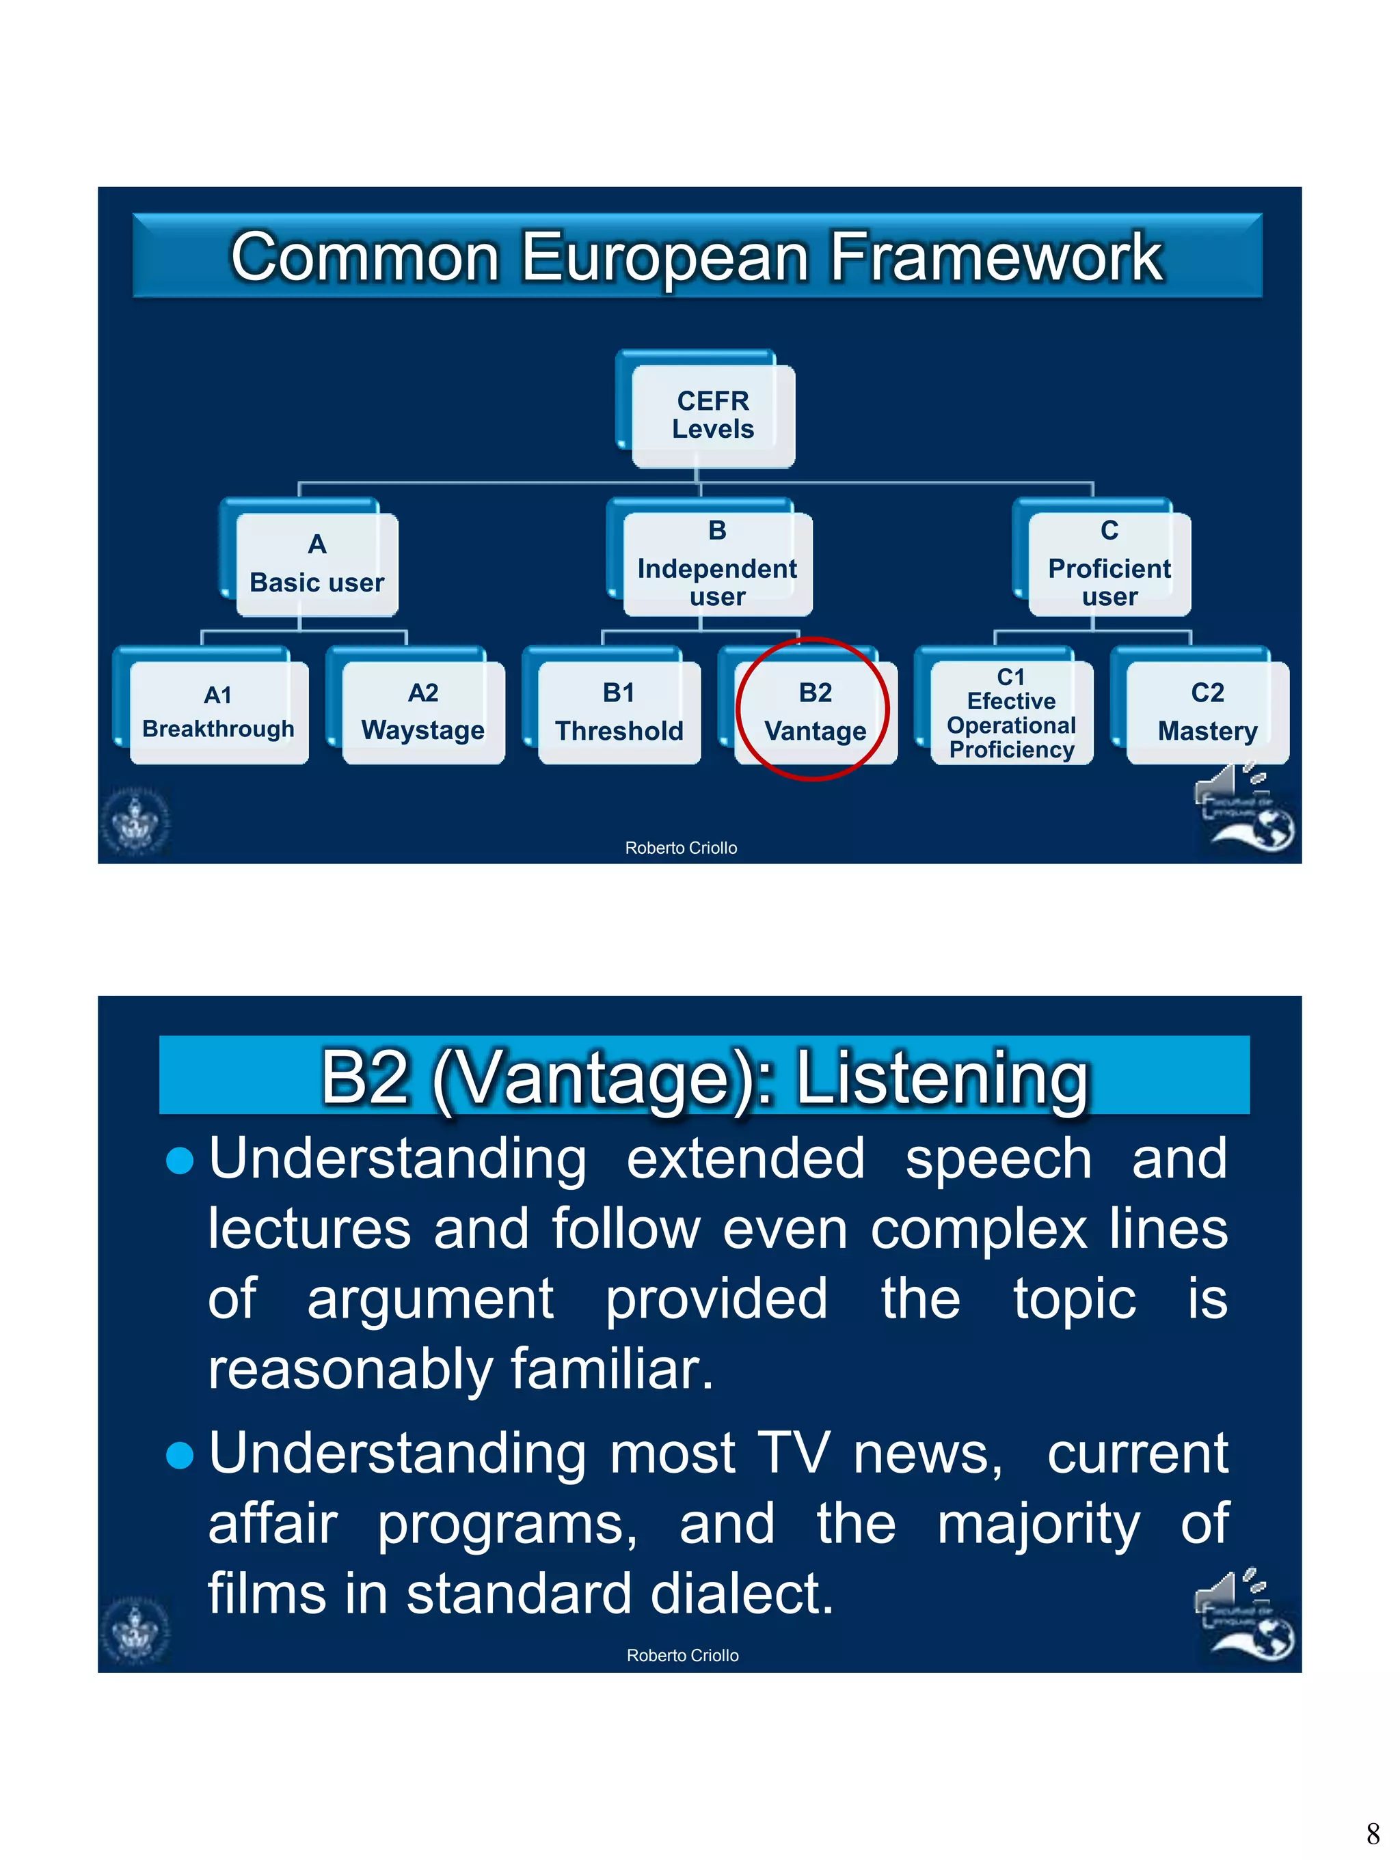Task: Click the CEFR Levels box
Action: tap(712, 415)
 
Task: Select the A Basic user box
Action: tap(317, 564)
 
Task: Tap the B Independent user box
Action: tap(717, 564)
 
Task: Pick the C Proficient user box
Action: tap(1109, 564)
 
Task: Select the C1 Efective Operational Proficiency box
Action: tap(1010, 712)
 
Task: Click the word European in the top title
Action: tap(664, 258)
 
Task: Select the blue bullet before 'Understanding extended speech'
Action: tap(180, 1161)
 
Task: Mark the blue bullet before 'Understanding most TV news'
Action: tap(180, 1455)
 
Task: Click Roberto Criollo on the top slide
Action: tap(681, 848)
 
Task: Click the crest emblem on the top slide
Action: tap(135, 822)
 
